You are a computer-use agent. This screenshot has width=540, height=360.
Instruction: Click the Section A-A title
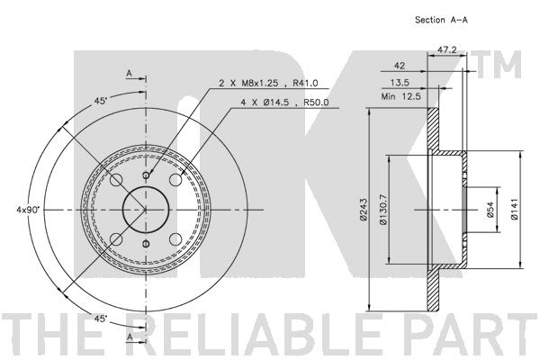pyautogui.click(x=441, y=20)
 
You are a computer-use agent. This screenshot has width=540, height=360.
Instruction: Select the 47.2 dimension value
pyautogui.click(x=447, y=50)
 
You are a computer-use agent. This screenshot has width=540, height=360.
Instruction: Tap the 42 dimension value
pyautogui.click(x=400, y=66)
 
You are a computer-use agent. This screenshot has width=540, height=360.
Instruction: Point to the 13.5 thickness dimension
pyautogui.click(x=400, y=83)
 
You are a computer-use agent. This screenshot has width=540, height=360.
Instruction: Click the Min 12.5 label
pyautogui.click(x=400, y=96)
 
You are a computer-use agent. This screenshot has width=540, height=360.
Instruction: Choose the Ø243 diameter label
pyautogui.click(x=363, y=209)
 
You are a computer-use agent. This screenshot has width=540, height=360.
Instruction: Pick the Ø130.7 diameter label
pyautogui.click(x=383, y=209)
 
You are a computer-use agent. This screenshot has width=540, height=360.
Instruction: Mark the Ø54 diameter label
pyautogui.click(x=490, y=210)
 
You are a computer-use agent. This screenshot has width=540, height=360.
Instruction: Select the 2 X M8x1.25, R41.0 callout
pyautogui.click(x=268, y=83)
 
